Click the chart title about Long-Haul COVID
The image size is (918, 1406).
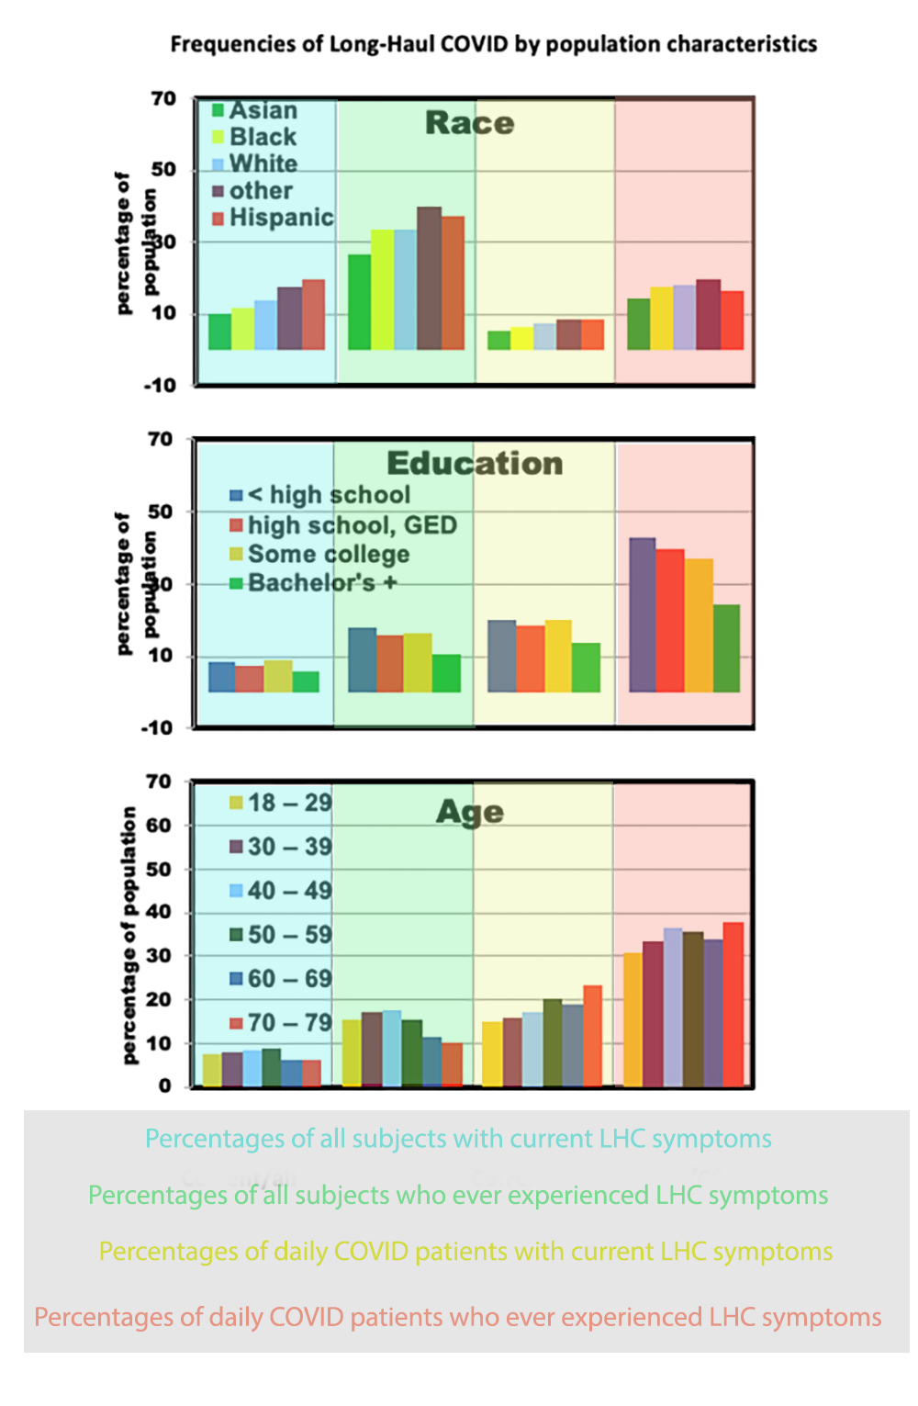pos(493,44)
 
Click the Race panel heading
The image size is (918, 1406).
pos(469,123)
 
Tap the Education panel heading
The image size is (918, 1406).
pos(475,463)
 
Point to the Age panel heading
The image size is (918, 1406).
pos(469,812)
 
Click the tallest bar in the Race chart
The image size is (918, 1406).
pos(429,277)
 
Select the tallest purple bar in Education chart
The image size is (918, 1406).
pos(642,614)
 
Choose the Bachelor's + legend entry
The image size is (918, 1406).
pos(313,583)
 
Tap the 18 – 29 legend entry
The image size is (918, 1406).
pos(280,803)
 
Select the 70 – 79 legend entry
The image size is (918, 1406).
pos(280,1023)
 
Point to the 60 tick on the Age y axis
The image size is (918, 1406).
pos(159,825)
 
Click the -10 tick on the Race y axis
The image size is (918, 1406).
pos(160,386)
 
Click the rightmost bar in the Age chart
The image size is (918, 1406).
pos(733,1004)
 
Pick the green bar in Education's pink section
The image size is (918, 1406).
pos(726,647)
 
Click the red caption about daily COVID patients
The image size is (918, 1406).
pos(457,1317)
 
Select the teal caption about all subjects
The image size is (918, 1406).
pos(458,1139)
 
